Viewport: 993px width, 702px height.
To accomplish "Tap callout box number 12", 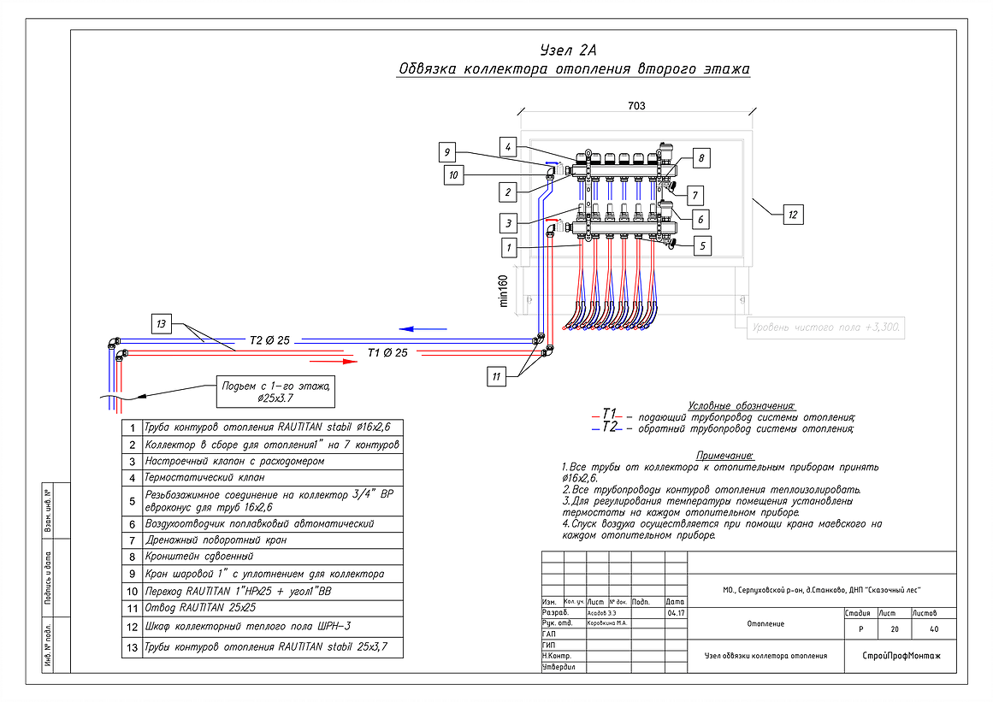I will coord(792,215).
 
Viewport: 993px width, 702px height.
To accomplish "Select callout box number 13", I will coord(162,323).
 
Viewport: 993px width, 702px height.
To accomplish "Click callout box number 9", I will coord(446,153).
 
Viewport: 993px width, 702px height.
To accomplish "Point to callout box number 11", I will coord(497,375).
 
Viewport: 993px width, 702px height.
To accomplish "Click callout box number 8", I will coord(699,159).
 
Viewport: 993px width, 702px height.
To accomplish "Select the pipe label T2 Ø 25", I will coord(269,339).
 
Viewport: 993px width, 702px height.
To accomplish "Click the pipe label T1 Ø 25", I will coord(387,352).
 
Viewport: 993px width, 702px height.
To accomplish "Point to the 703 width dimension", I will coord(635,106).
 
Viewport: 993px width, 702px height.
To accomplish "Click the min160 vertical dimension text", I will coord(503,291).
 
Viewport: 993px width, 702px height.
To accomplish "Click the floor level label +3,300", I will coord(825,327).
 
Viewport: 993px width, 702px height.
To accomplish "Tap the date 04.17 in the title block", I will coord(675,613).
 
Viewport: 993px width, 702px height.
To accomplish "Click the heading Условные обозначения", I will coord(742,405).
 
